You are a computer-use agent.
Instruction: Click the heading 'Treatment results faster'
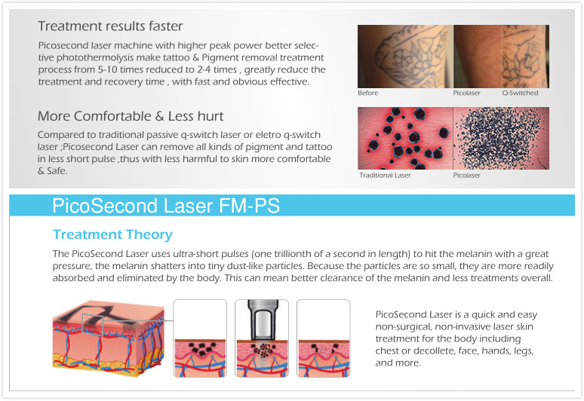click(x=110, y=26)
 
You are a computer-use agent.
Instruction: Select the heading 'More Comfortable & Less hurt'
click(x=131, y=116)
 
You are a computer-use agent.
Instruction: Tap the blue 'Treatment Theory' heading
click(x=112, y=234)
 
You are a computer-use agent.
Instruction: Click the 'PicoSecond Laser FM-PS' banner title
click(x=166, y=206)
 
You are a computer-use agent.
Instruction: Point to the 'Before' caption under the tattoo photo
click(x=368, y=93)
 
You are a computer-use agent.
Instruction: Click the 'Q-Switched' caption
click(x=520, y=93)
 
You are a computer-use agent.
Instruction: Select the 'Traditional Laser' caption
click(x=385, y=175)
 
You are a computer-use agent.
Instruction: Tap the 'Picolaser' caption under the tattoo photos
click(x=467, y=93)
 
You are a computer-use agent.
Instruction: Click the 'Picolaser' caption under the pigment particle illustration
click(x=467, y=175)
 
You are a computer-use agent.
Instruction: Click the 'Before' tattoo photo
click(x=406, y=57)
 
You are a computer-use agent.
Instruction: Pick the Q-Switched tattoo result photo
click(x=526, y=57)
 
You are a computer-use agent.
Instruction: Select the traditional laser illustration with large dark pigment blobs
click(x=405, y=139)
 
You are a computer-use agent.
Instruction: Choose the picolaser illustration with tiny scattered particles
click(x=501, y=139)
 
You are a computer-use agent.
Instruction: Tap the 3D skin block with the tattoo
click(x=109, y=337)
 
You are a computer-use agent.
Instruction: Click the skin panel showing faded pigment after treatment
click(x=323, y=338)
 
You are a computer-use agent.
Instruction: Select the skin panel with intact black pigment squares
click(x=200, y=338)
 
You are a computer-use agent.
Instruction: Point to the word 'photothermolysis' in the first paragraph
click(x=95, y=58)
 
